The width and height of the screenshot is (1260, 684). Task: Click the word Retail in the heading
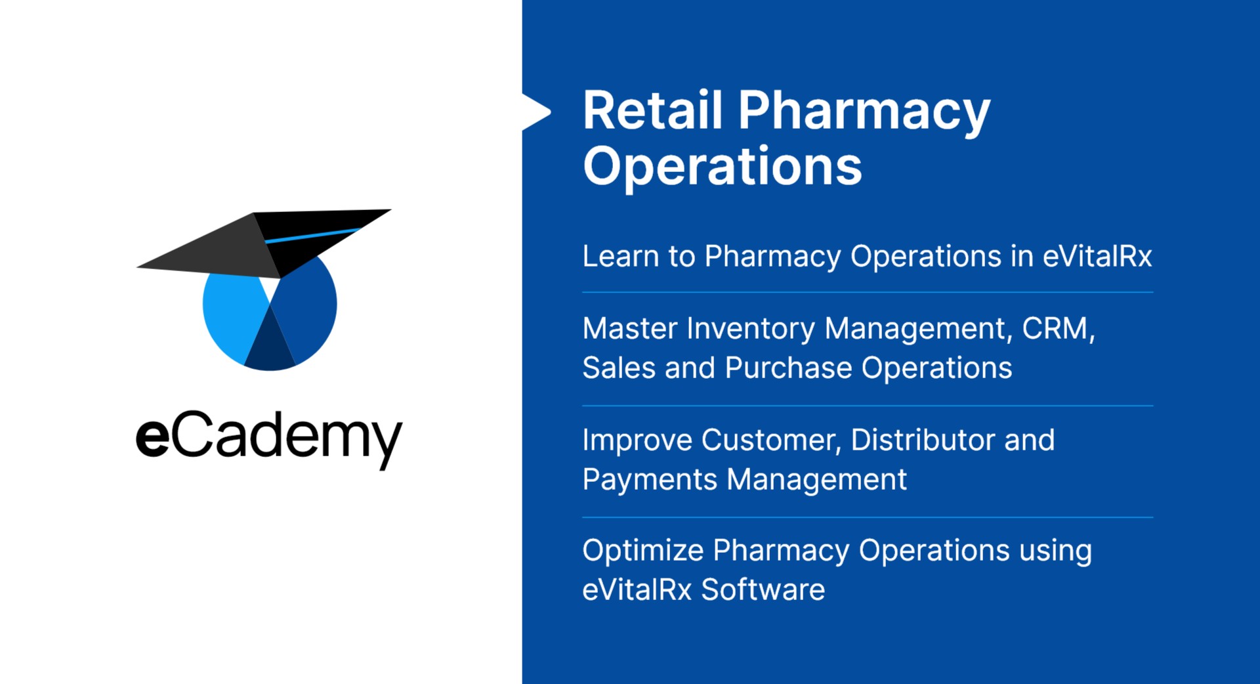pos(653,110)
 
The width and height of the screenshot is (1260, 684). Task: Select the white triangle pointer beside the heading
pos(536,112)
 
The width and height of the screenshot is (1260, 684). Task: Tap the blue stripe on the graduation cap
pos(312,236)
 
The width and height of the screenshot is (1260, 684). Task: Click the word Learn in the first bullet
pos(620,256)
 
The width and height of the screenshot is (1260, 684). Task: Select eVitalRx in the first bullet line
pos(1097,256)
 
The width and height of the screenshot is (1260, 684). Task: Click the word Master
pos(629,328)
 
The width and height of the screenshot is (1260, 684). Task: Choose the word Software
pos(763,589)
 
